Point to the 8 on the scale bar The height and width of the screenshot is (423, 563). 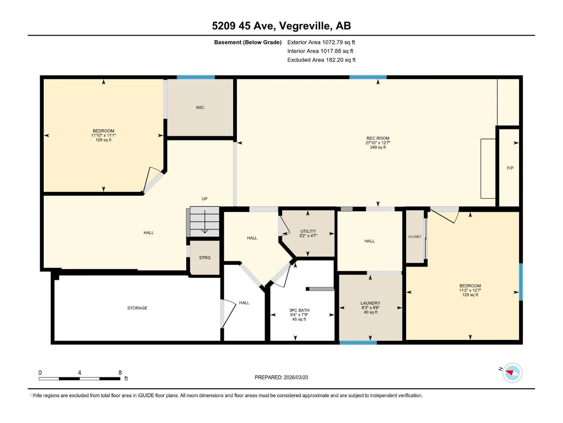coord(120,372)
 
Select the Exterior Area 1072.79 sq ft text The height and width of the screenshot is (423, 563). coord(321,42)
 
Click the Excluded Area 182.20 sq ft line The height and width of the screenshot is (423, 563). coord(321,60)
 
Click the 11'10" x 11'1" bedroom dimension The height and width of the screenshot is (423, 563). coord(103,135)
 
